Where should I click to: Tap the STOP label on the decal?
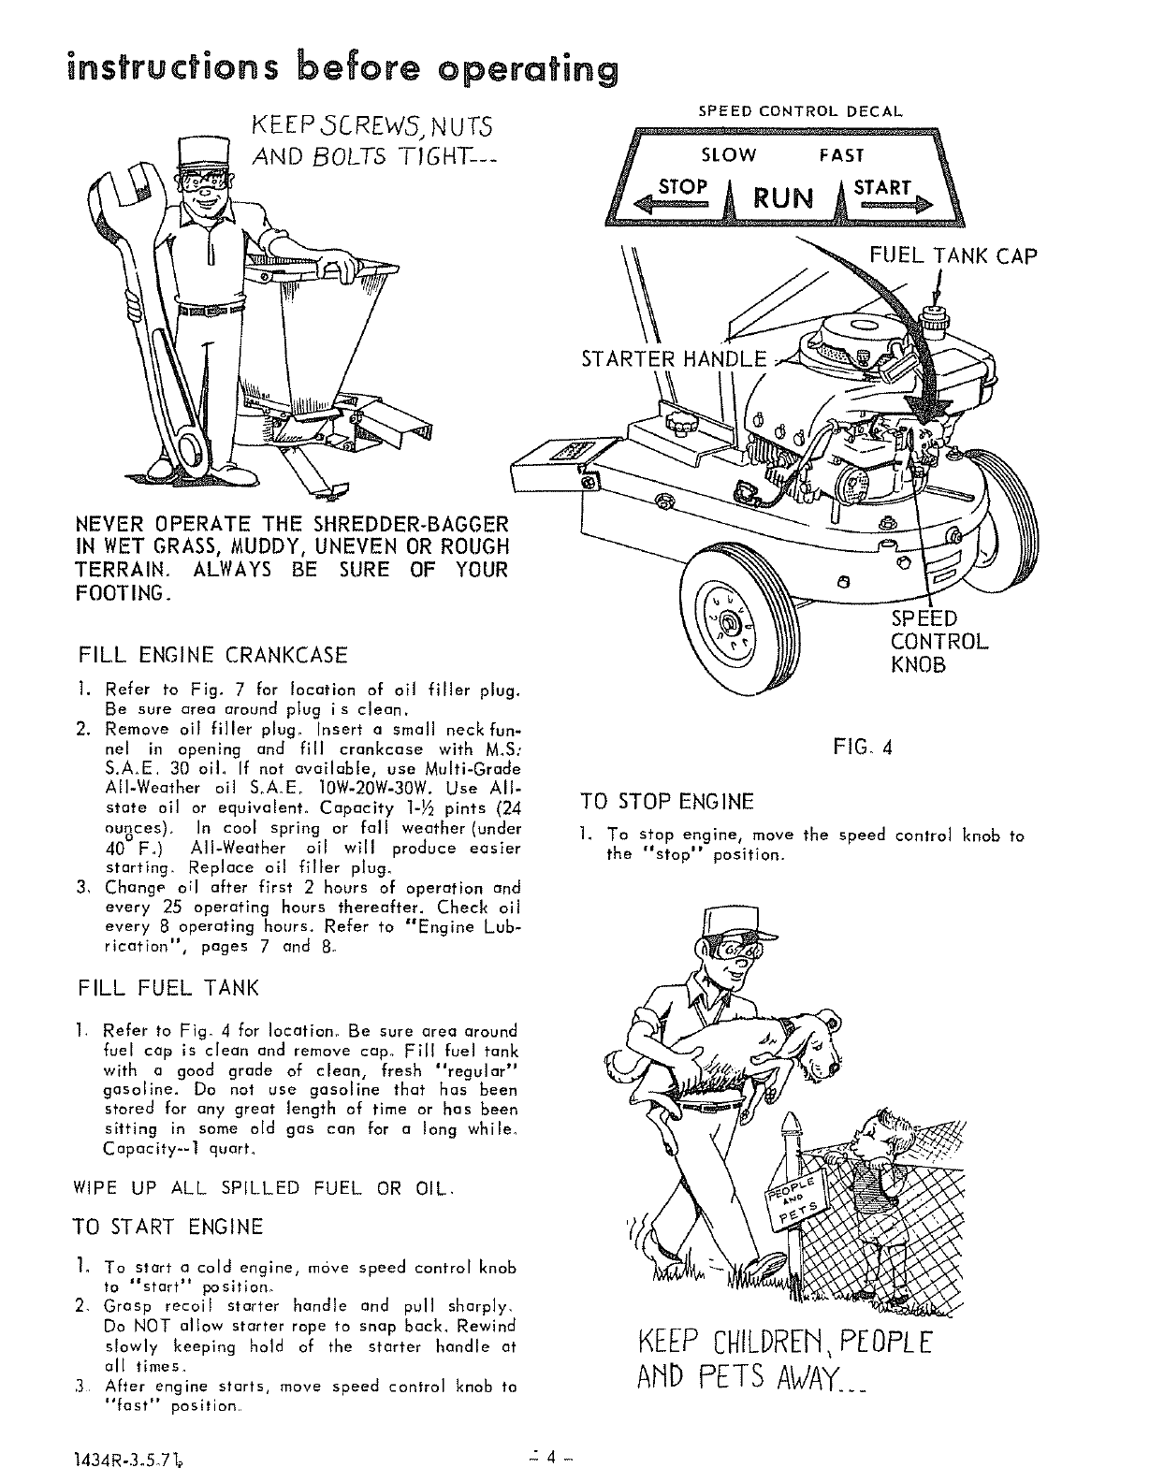682,186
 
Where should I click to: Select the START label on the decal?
881,186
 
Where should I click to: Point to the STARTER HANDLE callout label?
674,359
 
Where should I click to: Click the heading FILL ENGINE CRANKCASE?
213,654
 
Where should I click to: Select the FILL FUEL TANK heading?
168,987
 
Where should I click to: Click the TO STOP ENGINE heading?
666,802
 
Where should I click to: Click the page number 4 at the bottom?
552,1457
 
